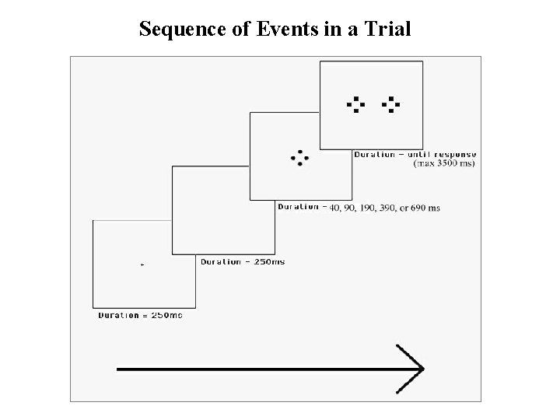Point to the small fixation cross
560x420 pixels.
[x=142, y=265]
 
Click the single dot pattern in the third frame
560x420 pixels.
[x=298, y=158]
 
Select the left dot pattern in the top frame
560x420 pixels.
[x=355, y=104]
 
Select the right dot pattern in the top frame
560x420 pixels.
[x=390, y=104]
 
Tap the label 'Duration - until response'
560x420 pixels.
[x=415, y=154]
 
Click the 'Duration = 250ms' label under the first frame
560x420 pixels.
[x=140, y=315]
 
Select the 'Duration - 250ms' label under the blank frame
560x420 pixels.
[x=243, y=262]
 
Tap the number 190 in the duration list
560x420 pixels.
[x=366, y=208]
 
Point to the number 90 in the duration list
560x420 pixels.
[x=349, y=208]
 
